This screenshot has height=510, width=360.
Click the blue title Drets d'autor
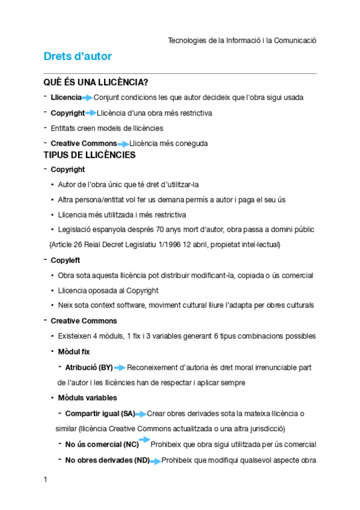[78, 57]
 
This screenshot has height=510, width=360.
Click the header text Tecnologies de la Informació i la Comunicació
[242, 40]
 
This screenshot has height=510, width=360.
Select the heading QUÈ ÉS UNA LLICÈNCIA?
[96, 82]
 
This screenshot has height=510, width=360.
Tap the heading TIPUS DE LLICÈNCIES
[90, 155]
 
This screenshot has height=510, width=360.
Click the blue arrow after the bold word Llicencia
[88, 97]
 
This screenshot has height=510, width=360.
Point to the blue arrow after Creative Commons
[123, 144]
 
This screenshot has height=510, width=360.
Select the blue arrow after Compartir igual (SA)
[141, 414]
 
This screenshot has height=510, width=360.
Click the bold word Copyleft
[66, 260]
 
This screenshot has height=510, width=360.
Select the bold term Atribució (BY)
[89, 367]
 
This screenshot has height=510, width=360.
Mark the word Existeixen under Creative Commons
[75, 336]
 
